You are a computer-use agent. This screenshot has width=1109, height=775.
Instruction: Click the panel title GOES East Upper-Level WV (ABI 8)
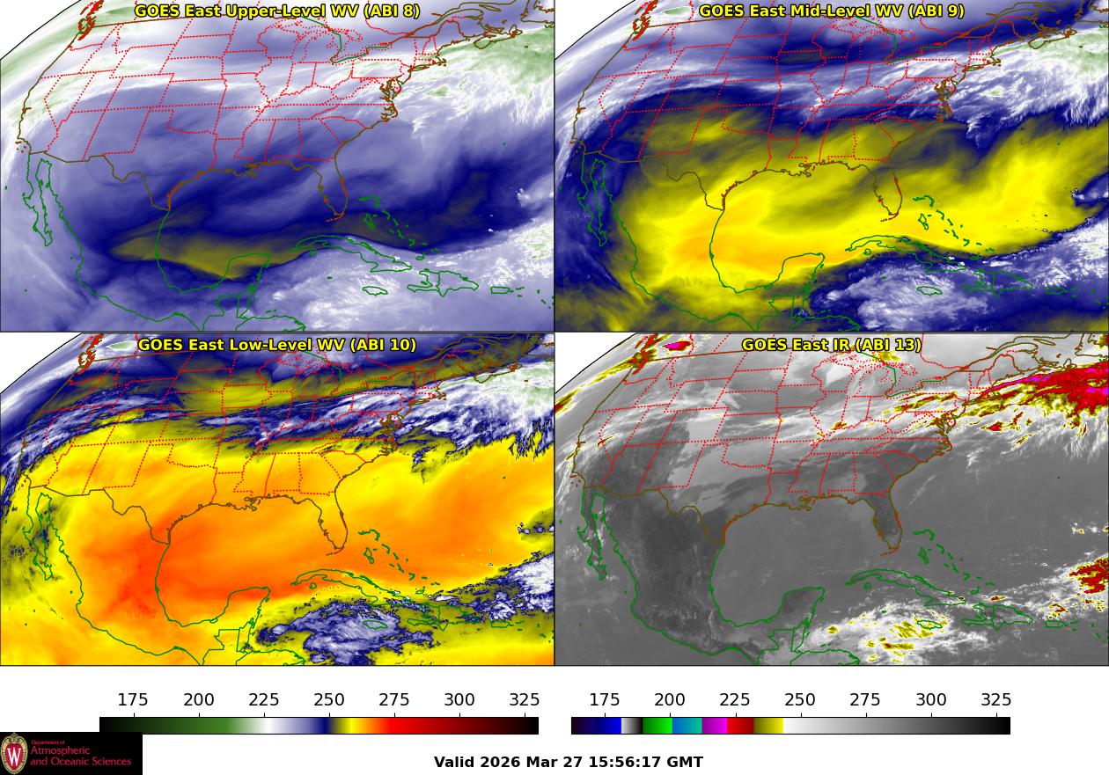[x=277, y=11]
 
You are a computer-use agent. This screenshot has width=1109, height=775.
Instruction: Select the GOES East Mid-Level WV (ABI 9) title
[x=832, y=11]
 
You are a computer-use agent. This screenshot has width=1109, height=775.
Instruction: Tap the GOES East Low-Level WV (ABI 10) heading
[x=277, y=345]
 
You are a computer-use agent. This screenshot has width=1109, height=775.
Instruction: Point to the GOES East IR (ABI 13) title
[x=832, y=345]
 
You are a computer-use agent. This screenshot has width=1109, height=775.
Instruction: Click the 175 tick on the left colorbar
[x=133, y=700]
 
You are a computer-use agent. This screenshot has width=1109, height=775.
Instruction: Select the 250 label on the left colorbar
[x=329, y=700]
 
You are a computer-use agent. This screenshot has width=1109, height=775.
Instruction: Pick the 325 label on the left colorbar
[x=525, y=700]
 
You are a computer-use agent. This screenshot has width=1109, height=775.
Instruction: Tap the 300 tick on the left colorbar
[x=459, y=700]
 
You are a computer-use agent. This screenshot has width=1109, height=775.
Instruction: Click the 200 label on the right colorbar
[x=670, y=700]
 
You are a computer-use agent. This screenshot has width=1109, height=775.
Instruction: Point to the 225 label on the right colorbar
[x=735, y=700]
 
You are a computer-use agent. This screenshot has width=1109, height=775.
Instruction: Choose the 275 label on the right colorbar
[x=865, y=700]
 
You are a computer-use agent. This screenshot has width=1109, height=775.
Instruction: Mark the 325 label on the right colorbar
[x=996, y=700]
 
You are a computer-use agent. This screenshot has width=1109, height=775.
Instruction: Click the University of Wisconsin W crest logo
[x=14, y=754]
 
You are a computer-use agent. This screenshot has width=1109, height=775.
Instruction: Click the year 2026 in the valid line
[x=500, y=763]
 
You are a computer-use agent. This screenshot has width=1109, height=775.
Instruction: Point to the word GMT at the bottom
[x=685, y=763]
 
